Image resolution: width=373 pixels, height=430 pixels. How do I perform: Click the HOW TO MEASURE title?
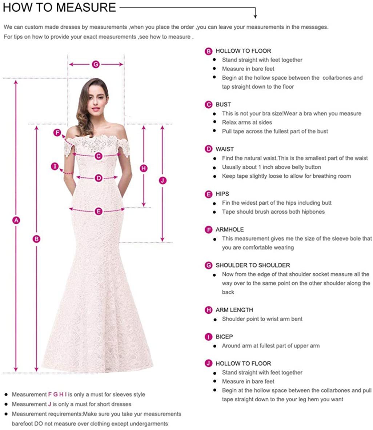[59, 7]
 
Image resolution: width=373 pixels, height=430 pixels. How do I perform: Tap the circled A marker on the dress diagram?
[16, 220]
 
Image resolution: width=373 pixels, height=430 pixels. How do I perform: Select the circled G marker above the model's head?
[96, 64]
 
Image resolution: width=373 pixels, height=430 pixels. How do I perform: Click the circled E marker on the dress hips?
[99, 211]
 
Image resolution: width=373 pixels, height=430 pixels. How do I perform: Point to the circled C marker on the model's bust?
[99, 156]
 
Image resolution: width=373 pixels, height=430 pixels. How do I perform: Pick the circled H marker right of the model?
[144, 168]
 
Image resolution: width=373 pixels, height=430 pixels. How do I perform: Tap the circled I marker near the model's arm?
[55, 166]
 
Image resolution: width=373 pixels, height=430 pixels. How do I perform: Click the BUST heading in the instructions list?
[223, 104]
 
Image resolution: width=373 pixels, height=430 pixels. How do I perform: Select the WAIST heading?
[225, 149]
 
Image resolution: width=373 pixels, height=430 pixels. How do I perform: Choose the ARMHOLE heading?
[229, 229]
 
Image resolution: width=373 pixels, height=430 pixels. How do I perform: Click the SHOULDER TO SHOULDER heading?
[253, 265]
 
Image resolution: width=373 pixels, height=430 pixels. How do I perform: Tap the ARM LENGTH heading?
[234, 310]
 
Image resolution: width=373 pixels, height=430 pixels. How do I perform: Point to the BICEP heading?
[224, 337]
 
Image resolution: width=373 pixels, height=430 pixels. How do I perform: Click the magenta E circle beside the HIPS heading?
[208, 194]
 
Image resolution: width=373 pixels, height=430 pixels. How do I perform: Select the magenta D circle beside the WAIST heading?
[208, 149]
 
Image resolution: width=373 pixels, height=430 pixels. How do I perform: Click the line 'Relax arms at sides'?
[247, 122]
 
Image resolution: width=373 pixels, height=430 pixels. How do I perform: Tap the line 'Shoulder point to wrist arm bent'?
[262, 319]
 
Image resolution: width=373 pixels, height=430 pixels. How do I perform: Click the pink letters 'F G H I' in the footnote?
[57, 394]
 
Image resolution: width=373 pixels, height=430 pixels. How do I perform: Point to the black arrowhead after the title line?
[255, 16]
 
